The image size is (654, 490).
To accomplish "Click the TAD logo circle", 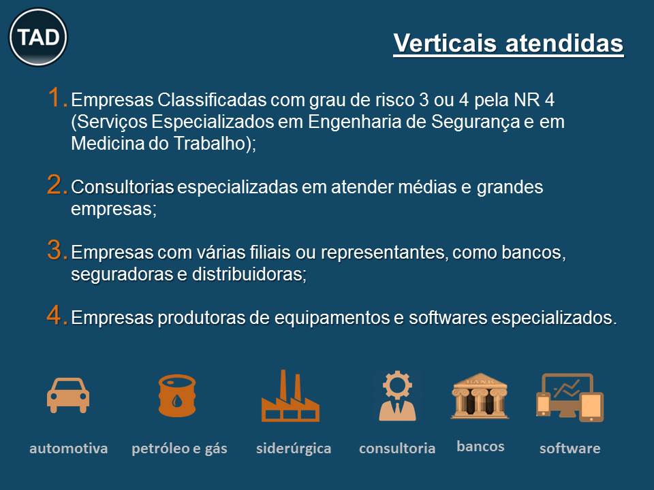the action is [38, 37].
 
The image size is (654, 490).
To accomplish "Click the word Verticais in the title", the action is [445, 43].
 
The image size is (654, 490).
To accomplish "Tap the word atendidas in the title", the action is [565, 43].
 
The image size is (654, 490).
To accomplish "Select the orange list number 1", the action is [57, 98].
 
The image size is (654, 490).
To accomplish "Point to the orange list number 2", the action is [57, 184].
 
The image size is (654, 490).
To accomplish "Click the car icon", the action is [68, 395].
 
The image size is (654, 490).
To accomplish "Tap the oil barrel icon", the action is [177, 395].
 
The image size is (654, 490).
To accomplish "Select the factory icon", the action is [290, 396].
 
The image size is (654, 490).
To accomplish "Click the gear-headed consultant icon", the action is [397, 396].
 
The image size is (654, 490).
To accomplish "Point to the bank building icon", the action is [480, 396].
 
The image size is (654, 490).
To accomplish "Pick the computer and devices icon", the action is [570, 397].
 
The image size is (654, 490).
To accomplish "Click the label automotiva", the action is [68, 448].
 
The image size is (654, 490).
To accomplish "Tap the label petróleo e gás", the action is [179, 448].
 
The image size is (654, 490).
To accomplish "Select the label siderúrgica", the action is [294, 448].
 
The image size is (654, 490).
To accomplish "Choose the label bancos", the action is [480, 446].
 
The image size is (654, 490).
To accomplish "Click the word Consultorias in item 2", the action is [123, 187].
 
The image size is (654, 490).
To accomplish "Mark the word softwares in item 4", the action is [448, 318].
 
